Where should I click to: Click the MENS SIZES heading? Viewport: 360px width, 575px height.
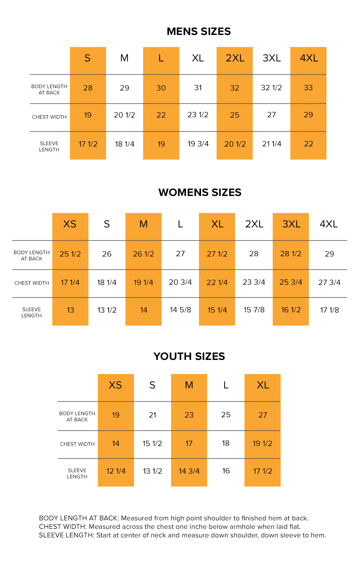[199, 31]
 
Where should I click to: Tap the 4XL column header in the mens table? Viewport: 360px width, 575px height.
[309, 58]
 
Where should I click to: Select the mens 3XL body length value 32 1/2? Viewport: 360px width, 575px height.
[271, 88]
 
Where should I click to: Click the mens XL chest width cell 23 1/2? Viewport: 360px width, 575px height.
[198, 115]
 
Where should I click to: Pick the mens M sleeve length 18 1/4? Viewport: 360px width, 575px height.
[125, 144]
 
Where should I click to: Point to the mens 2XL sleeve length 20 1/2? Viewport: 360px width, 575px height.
[235, 144]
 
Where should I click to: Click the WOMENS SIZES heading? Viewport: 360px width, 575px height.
[200, 192]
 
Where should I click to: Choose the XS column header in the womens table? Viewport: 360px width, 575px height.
[70, 224]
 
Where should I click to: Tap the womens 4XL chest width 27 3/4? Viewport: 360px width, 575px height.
[329, 282]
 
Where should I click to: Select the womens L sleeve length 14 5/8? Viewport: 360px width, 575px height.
[180, 310]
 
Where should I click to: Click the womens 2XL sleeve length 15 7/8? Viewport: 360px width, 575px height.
[254, 310]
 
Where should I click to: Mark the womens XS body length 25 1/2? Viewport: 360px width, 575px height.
[70, 254]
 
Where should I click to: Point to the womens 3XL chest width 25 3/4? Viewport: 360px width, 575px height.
[291, 282]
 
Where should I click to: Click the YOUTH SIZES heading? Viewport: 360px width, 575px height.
[189, 356]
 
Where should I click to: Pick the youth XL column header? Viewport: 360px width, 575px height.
[263, 385]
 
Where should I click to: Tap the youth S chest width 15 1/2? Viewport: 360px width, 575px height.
[152, 443]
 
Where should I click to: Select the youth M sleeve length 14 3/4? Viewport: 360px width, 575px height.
[189, 471]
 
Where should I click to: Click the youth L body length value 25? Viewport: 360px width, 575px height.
[226, 415]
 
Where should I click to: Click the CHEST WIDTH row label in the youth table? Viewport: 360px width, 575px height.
[77, 444]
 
